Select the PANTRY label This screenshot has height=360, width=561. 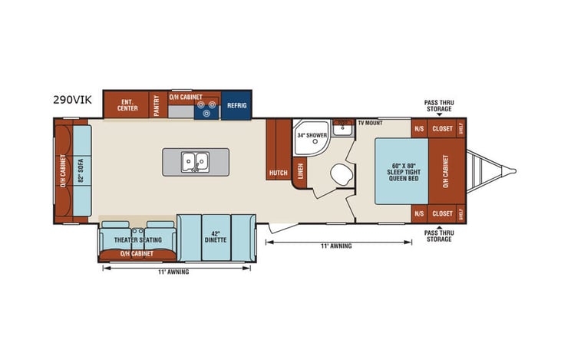157,105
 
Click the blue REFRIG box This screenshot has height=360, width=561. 235,107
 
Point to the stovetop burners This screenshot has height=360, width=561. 205,111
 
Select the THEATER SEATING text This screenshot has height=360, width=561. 137,239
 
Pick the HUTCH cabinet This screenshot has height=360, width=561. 277,173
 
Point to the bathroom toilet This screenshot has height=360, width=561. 338,175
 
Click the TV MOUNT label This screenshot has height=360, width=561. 370,123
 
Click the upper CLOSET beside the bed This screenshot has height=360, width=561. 442,129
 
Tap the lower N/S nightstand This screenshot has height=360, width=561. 419,213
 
